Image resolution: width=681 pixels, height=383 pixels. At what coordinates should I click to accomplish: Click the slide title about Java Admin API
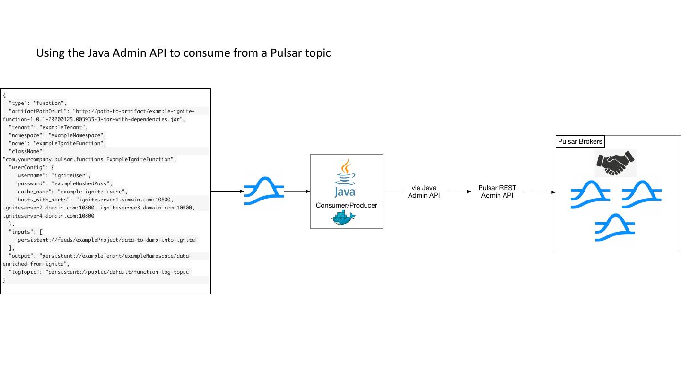click(183, 53)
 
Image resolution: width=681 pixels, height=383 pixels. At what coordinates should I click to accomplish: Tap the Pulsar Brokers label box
click(580, 141)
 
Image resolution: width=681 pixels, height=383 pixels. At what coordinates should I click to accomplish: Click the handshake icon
click(615, 163)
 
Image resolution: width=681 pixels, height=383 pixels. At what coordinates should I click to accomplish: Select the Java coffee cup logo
click(345, 179)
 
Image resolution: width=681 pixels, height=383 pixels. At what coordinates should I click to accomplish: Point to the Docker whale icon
click(343, 218)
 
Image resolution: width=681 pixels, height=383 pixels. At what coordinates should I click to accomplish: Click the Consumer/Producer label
click(346, 205)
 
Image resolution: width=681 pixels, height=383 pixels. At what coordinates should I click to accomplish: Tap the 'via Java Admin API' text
click(424, 192)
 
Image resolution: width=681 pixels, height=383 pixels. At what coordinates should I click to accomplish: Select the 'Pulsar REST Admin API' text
click(497, 191)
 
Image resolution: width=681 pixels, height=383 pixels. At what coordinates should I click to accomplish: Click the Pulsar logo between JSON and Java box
click(263, 191)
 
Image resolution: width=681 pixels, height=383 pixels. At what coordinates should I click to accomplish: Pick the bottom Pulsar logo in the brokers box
click(615, 228)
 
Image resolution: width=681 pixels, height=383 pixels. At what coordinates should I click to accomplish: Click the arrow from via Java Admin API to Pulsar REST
click(459, 191)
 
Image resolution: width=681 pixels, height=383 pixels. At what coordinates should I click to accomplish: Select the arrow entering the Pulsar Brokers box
click(539, 192)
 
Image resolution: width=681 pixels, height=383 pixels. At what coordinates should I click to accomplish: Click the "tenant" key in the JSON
click(22, 127)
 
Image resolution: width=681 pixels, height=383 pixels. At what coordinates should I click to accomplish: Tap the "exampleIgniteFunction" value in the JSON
click(69, 143)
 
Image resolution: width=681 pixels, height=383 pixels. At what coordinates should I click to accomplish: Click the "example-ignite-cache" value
click(92, 191)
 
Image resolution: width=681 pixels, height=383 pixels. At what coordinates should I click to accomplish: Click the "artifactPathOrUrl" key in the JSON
click(39, 111)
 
